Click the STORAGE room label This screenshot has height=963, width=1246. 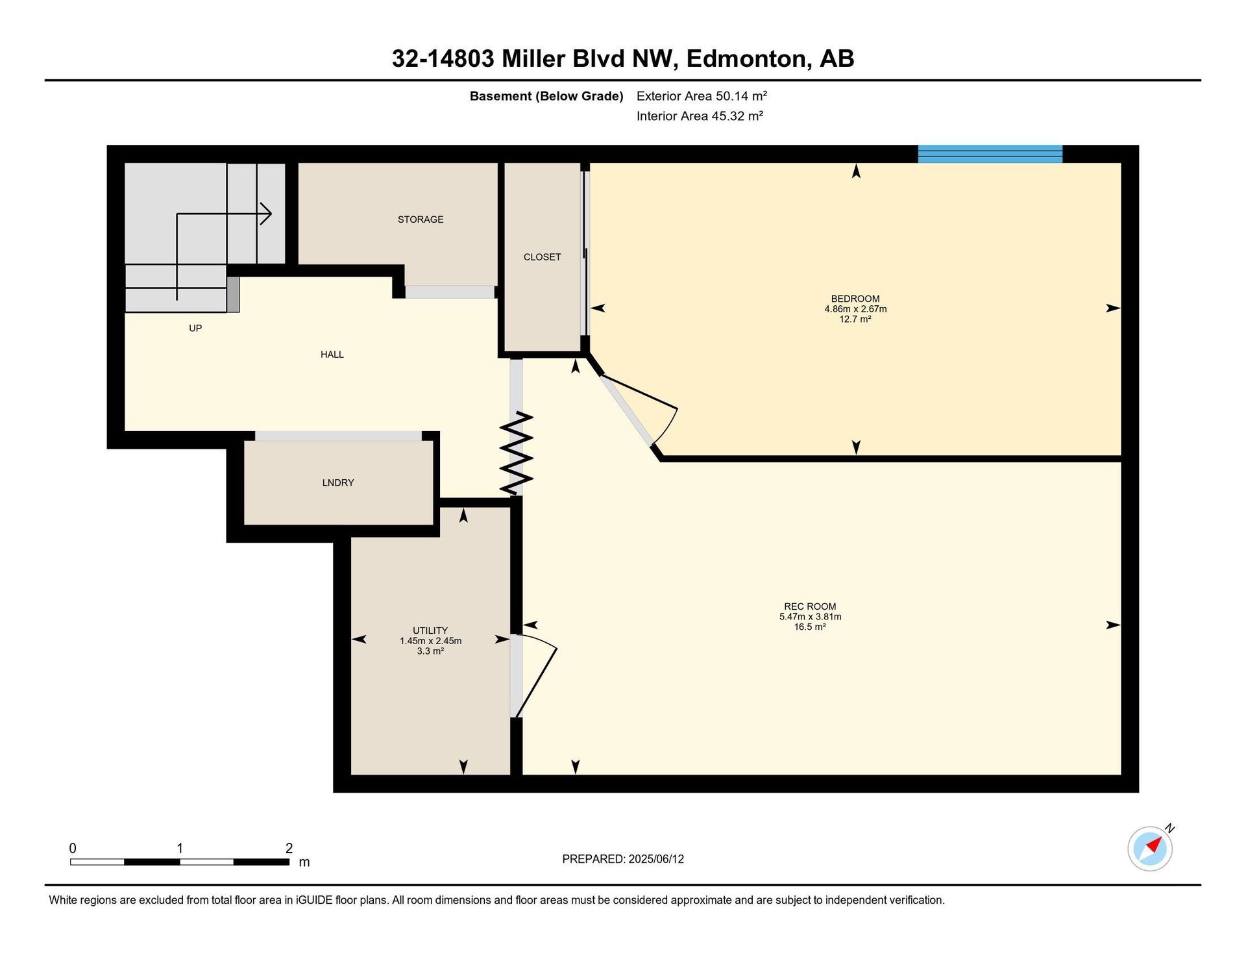(421, 219)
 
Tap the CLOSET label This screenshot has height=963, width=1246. (542, 257)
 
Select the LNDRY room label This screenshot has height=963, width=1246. (338, 482)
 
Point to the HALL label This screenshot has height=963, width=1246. (332, 355)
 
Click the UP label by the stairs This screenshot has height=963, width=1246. (195, 329)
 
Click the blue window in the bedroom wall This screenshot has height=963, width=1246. (990, 154)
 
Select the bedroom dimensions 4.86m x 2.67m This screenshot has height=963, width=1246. (855, 309)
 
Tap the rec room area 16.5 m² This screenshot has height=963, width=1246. (810, 627)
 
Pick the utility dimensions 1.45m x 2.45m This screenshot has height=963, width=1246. (430, 641)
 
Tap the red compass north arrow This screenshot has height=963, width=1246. (1154, 844)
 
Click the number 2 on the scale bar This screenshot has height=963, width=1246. (289, 848)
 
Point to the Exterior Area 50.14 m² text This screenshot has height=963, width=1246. (702, 96)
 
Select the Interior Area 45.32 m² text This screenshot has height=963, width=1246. (700, 116)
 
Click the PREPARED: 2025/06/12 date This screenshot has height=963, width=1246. (623, 859)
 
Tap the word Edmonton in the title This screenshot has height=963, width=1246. (746, 59)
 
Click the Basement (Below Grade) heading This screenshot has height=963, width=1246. (546, 97)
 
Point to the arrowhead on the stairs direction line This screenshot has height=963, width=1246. (266, 214)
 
